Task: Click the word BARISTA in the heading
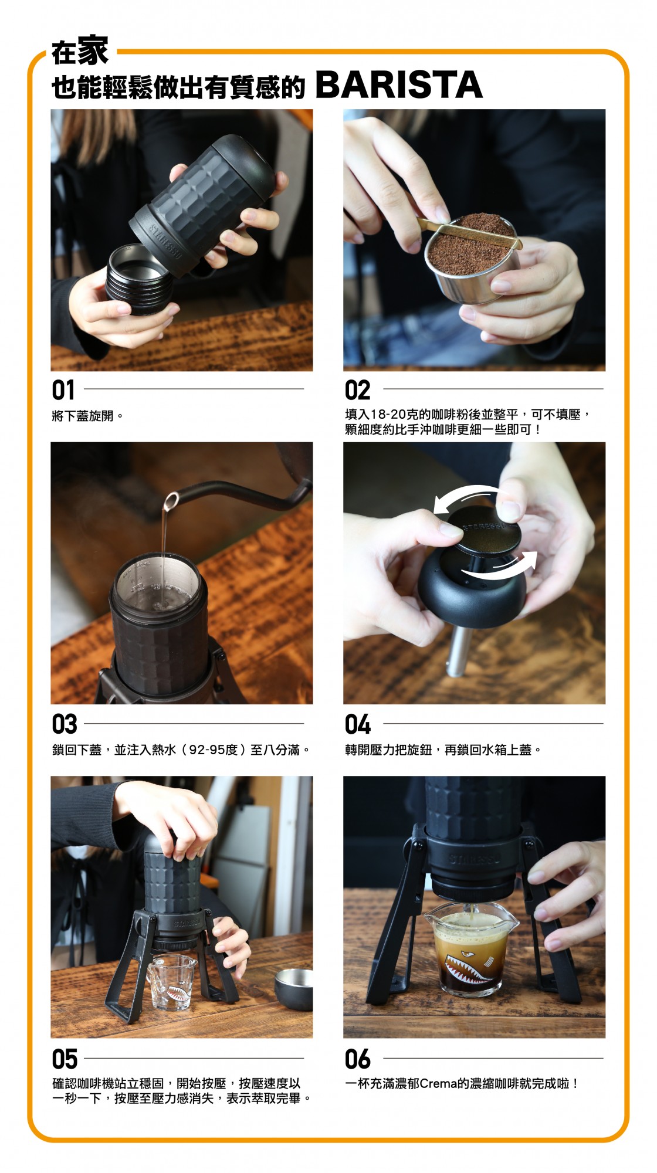click(399, 85)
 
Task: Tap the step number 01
click(63, 390)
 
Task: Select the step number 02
click(357, 390)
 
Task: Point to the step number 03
click(65, 724)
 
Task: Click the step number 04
click(358, 724)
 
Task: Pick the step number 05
click(65, 1059)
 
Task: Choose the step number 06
click(358, 1059)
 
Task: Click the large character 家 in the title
click(93, 50)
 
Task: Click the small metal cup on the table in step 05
click(293, 990)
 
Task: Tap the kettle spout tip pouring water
click(170, 501)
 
